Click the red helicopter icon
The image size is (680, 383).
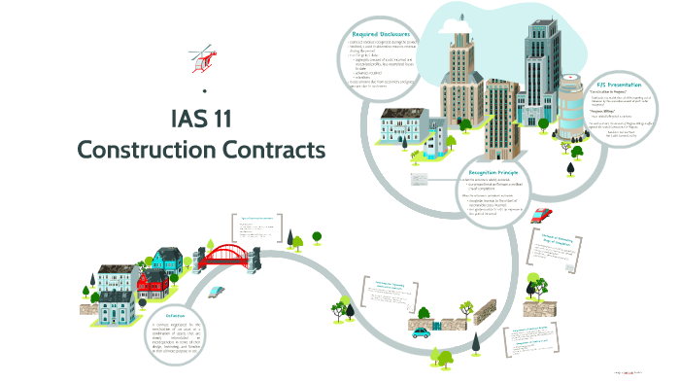pos(198,61)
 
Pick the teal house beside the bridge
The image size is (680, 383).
pos(168,259)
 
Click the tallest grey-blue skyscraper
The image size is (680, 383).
pos(541,58)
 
